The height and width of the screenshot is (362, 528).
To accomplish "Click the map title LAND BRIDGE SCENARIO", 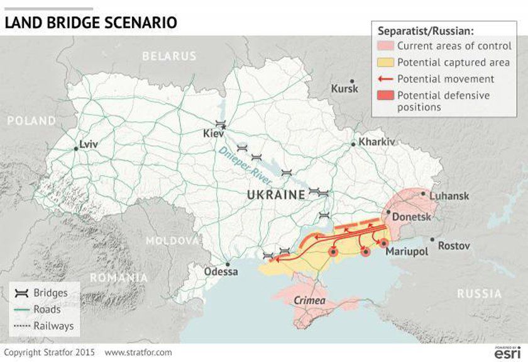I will [x=91, y=23].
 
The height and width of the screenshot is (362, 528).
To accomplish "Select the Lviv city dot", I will [x=76, y=149].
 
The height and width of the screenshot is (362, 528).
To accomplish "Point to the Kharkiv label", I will [x=377, y=142].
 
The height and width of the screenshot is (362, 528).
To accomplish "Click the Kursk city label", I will [x=344, y=89].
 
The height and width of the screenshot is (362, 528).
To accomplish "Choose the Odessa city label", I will [x=221, y=272].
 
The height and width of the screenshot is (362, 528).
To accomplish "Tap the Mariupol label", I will [x=407, y=251].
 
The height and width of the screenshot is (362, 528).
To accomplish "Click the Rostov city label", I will [x=453, y=245].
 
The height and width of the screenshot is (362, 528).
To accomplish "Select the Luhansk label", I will [x=449, y=196].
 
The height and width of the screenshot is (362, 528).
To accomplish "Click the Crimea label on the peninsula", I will [x=310, y=301].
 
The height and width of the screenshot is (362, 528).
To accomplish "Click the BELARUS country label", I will [x=170, y=56].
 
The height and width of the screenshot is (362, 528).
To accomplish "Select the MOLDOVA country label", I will [x=172, y=240].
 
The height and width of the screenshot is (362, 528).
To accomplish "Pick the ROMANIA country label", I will [x=119, y=278].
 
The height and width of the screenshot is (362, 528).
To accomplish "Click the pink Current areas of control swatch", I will [x=385, y=46].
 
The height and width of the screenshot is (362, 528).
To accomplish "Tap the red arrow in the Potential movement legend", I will [x=385, y=79].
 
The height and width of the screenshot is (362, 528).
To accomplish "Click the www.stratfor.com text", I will [x=138, y=353].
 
